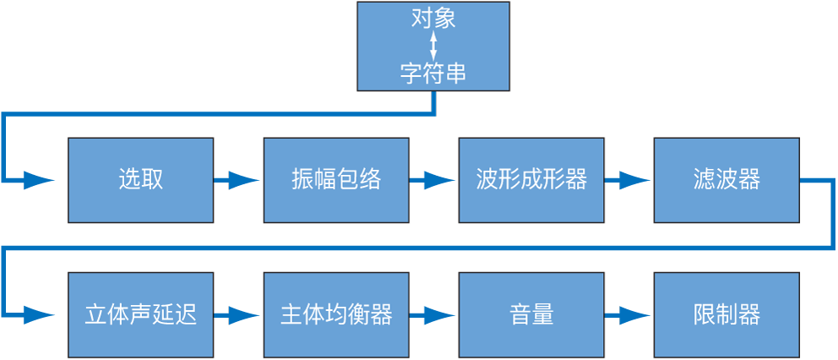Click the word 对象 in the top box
point(433,19)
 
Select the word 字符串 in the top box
point(433,74)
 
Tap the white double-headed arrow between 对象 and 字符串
point(433,46)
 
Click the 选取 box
point(140,180)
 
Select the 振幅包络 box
point(336,180)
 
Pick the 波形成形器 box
point(531,180)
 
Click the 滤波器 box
point(726,180)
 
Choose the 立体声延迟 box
point(140,314)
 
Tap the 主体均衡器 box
point(336,314)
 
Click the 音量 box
point(531,314)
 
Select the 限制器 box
point(726,314)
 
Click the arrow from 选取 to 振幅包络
point(237,180)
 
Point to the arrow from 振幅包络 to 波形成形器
point(433,180)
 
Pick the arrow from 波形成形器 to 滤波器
point(628,180)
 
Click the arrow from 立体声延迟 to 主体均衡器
point(237,315)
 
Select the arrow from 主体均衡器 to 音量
point(433,315)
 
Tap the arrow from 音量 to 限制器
point(628,315)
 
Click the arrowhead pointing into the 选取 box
point(39,180)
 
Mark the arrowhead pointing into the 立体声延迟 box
point(39,315)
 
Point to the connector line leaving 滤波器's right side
point(818,180)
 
